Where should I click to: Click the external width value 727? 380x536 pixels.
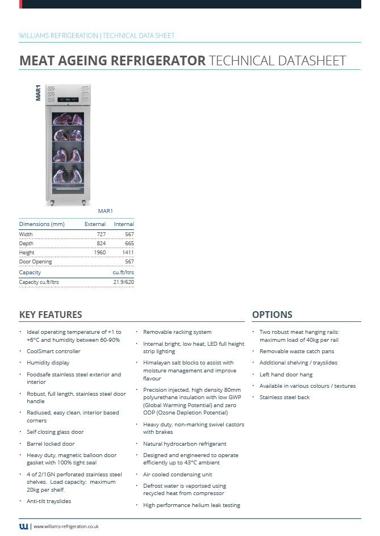click(x=100, y=234)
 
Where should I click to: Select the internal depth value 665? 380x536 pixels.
click(x=129, y=243)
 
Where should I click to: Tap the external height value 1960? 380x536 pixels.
click(x=99, y=252)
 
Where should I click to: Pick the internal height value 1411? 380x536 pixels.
click(x=128, y=252)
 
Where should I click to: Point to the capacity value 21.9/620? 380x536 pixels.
click(x=123, y=282)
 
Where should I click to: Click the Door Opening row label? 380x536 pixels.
click(x=35, y=262)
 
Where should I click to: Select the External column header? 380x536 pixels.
click(x=95, y=224)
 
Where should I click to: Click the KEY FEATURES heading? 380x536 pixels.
click(x=51, y=315)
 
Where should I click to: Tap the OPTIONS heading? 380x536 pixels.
click(x=272, y=315)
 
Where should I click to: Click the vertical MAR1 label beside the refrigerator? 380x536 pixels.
click(x=38, y=93)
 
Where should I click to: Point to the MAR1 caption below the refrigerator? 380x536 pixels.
click(x=106, y=211)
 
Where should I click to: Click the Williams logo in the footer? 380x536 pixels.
click(x=23, y=526)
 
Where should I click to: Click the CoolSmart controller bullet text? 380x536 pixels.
click(x=53, y=351)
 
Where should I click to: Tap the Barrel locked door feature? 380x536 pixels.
click(x=51, y=444)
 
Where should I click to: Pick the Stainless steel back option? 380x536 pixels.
click(x=285, y=397)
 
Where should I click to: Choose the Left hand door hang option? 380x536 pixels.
click(x=286, y=375)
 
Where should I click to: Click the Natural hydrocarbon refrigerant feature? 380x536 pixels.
click(x=185, y=444)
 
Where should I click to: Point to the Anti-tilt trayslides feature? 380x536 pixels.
click(x=49, y=501)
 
